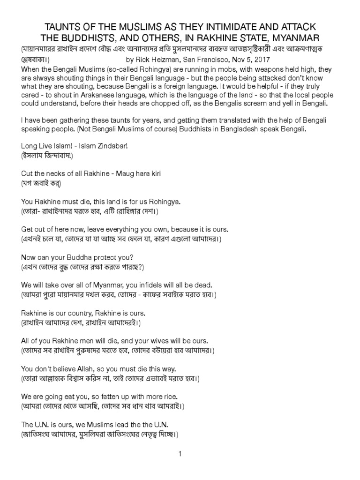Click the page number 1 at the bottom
tap(180, 454)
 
